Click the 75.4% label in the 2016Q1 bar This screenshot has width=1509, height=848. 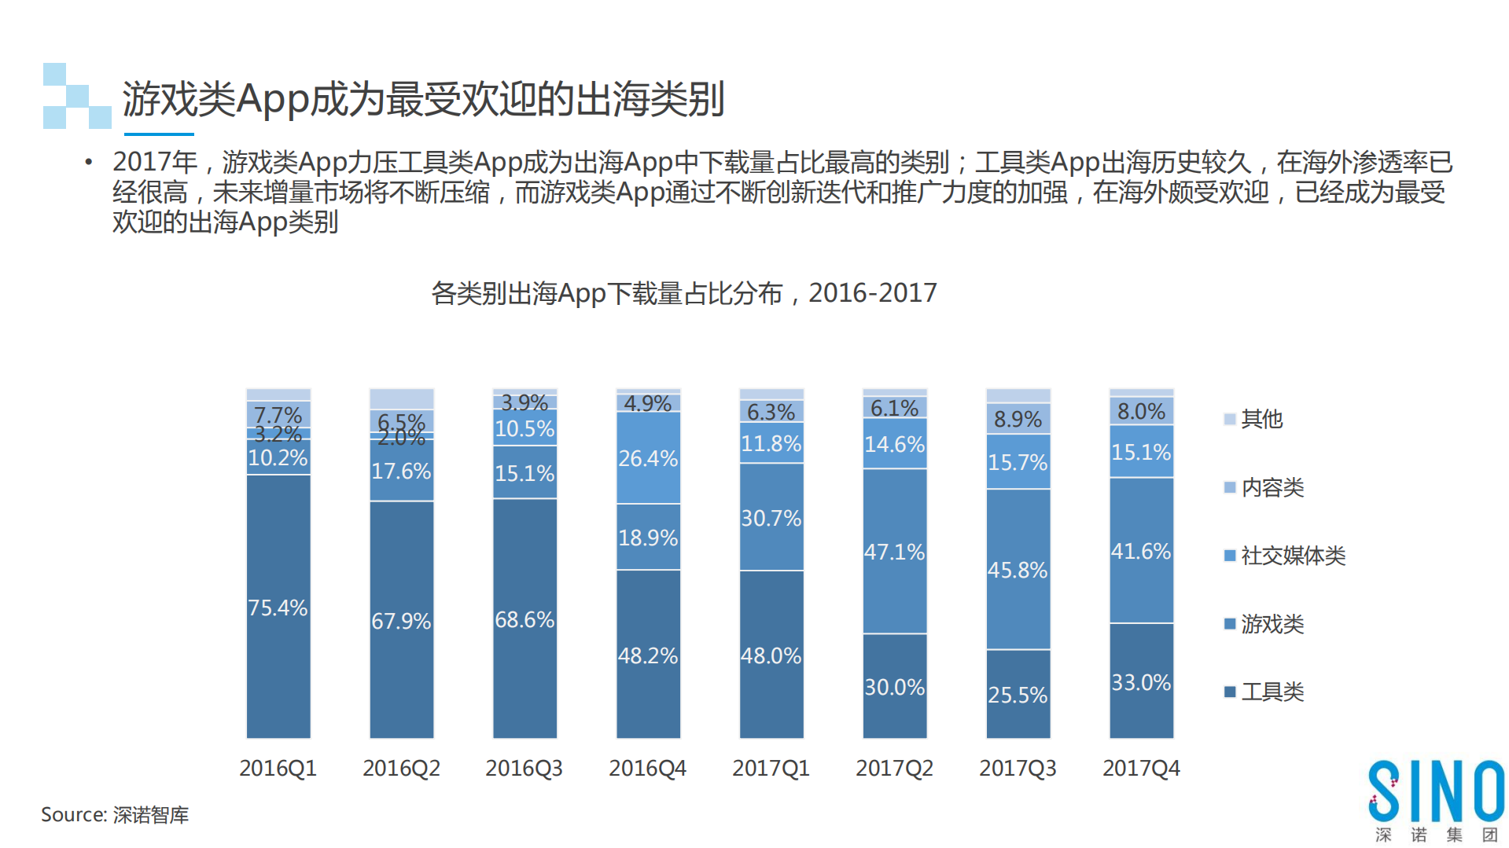coord(278,608)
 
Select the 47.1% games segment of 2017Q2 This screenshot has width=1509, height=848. coord(894,552)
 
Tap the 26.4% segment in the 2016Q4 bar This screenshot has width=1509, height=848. coord(648,458)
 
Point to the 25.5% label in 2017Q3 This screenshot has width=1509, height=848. coord(1018,695)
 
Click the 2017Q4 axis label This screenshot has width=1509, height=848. coord(1141,768)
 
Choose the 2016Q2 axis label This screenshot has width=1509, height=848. coord(401,768)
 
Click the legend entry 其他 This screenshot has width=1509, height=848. coord(1261,419)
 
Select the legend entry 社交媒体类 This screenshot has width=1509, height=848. coord(1293,556)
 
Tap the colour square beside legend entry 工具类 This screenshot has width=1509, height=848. coord(1230,692)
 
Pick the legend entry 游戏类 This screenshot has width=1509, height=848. coord(1272,624)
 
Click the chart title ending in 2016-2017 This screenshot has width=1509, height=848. coord(683,293)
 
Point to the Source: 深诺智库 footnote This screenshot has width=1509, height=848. coord(115,815)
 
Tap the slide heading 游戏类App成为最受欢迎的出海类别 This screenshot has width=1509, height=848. coord(423,99)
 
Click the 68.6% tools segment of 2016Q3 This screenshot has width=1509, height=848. coord(524,619)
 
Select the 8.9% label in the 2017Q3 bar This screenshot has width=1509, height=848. coord(1018,419)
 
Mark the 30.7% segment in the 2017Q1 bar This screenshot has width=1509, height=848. coord(771,518)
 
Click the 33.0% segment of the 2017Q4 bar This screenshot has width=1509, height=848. coord(1141,682)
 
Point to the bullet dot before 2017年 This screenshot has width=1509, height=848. coord(89,162)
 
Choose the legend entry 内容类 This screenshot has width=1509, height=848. coord(1272,487)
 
